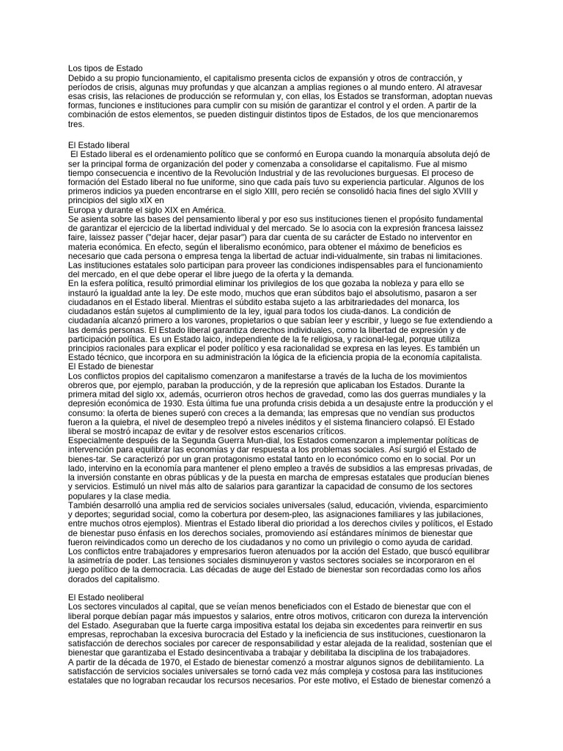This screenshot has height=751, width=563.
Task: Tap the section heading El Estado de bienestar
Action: [110, 366]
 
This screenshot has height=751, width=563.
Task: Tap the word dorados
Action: [84, 579]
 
